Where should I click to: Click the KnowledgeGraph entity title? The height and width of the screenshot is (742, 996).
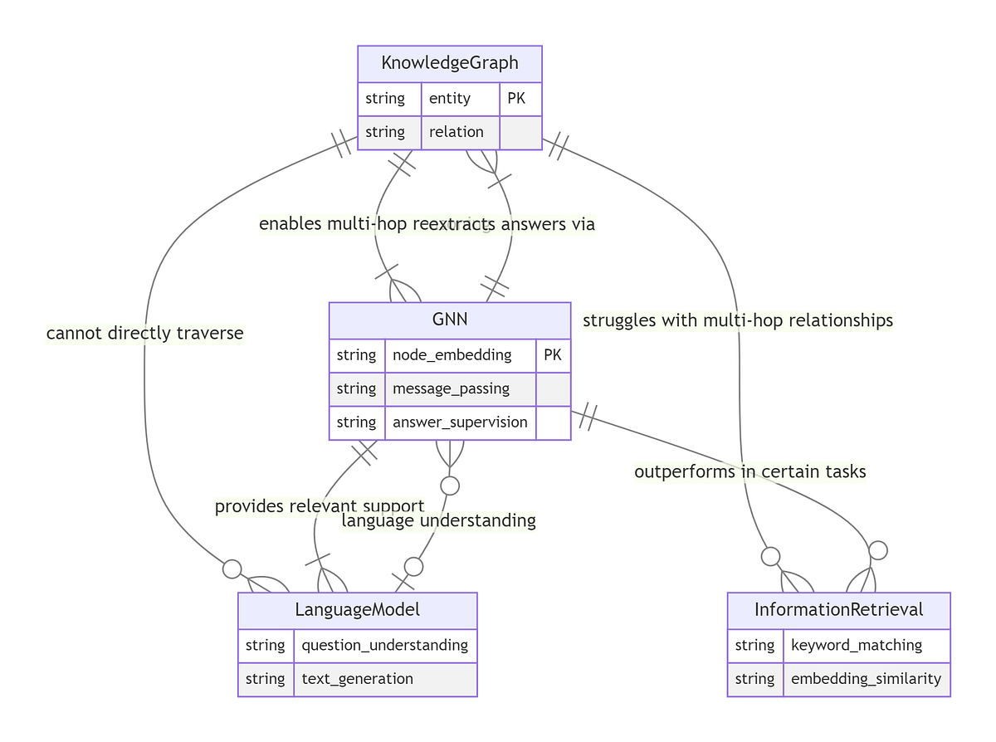click(449, 63)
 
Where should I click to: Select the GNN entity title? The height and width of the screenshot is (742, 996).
click(449, 320)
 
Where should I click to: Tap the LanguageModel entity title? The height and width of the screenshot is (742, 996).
click(357, 610)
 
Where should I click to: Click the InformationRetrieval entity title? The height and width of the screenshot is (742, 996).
click(838, 610)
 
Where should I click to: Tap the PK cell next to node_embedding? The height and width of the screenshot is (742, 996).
click(553, 355)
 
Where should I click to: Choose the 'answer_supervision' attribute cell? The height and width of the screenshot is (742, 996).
click(460, 422)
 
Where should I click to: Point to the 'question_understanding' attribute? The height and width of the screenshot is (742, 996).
click(385, 645)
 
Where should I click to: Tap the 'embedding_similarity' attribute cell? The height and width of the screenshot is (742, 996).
click(867, 679)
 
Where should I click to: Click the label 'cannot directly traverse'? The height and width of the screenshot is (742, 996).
click(145, 334)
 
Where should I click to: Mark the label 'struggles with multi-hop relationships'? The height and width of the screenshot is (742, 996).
click(738, 320)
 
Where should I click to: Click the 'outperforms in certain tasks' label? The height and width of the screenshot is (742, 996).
click(749, 471)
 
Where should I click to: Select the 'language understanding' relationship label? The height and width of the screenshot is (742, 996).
click(438, 520)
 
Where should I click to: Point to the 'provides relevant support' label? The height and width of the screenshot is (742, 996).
click(319, 505)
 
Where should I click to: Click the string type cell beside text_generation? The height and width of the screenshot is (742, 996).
click(266, 679)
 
